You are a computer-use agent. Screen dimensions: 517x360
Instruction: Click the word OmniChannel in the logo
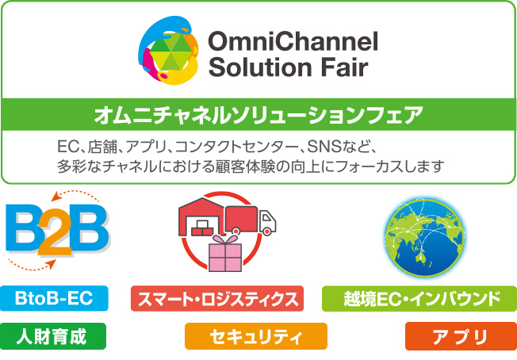tap(293, 41)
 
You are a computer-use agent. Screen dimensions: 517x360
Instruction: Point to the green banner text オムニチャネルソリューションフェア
tap(258, 115)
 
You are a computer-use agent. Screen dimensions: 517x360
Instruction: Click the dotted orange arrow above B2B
tap(75, 194)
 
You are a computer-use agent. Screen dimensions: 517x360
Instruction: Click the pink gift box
tap(225, 253)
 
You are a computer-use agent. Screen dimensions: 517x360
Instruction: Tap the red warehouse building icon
tap(201, 216)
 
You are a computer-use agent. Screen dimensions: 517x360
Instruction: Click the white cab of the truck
tap(267, 222)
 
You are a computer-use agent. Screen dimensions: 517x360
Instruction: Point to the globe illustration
tap(424, 237)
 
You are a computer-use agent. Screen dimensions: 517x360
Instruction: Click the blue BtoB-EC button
tap(54, 298)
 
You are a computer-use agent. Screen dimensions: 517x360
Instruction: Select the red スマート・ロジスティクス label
tap(217, 299)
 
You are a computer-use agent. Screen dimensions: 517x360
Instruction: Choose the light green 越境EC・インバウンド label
tap(419, 299)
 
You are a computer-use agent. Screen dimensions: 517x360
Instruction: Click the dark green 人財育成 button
tap(53, 336)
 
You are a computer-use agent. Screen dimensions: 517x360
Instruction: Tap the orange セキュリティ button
tap(256, 336)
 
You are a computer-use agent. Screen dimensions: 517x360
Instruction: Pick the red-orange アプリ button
tap(461, 336)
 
